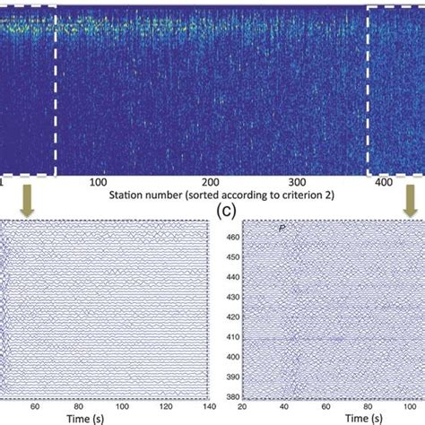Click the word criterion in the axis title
tap(277, 194)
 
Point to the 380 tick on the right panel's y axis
tap(231, 395)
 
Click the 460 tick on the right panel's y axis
tap(231, 238)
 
